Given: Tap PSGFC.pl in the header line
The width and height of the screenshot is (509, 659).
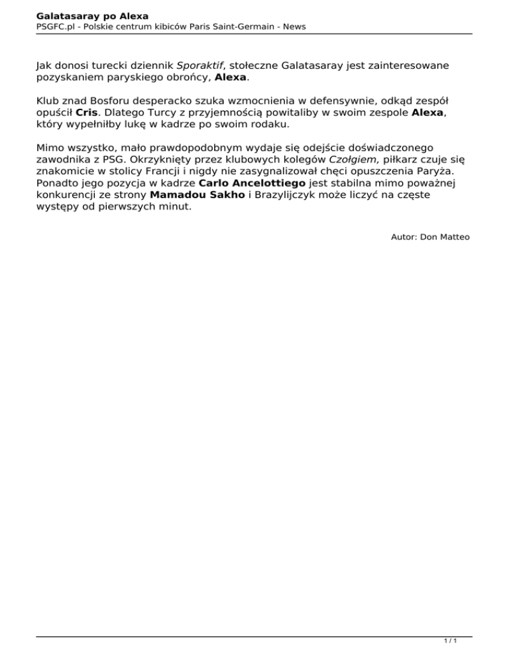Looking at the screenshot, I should (x=55, y=27).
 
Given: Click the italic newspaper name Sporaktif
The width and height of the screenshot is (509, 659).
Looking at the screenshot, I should (x=199, y=66).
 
